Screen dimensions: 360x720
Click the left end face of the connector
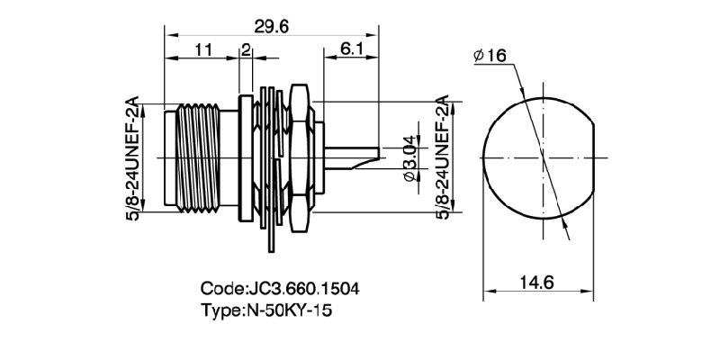(167, 158)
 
